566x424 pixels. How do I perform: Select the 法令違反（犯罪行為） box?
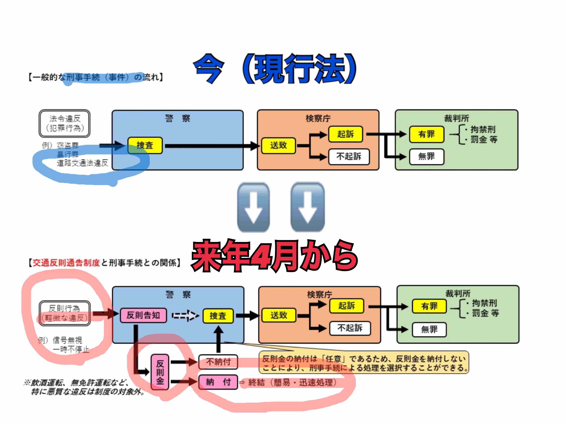click(x=65, y=123)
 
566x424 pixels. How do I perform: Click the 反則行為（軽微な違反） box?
click(x=65, y=313)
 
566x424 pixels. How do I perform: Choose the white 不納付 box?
click(x=218, y=362)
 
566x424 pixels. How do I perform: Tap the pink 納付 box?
click(x=218, y=382)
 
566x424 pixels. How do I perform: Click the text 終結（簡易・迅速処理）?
click(x=292, y=383)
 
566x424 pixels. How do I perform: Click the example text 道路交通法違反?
click(x=82, y=163)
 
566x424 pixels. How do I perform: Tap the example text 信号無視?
click(x=67, y=340)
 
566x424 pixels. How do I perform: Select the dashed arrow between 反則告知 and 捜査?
click(x=185, y=316)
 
